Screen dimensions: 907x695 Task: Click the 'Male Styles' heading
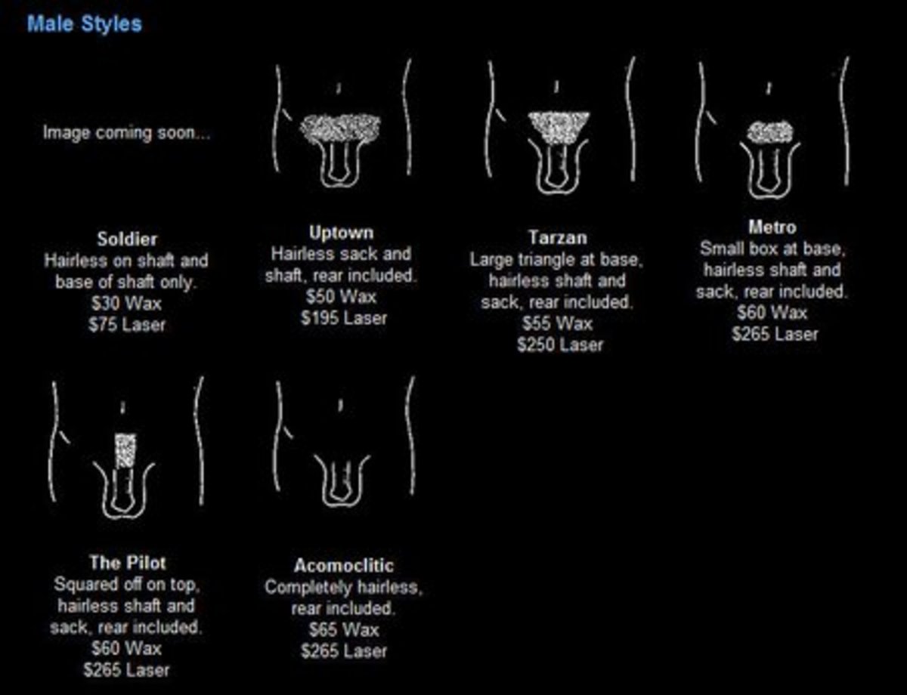(85, 23)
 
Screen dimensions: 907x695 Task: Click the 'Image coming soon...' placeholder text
(126, 133)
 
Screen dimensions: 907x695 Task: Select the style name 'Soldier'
(127, 239)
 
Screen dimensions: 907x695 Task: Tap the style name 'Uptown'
(342, 233)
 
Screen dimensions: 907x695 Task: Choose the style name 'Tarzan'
(558, 238)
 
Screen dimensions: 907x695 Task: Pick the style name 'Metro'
(772, 227)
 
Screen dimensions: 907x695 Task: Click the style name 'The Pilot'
(128, 563)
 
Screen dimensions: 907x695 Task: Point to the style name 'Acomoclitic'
(344, 566)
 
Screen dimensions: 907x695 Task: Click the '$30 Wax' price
(126, 303)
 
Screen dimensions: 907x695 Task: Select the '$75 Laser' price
(127, 325)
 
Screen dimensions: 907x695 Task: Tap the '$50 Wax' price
(342, 297)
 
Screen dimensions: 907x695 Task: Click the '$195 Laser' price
(344, 319)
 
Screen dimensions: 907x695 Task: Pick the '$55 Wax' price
(558, 324)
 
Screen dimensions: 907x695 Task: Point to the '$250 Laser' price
(560, 345)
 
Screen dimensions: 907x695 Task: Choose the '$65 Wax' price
(344, 630)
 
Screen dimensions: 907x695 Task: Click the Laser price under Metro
(775, 334)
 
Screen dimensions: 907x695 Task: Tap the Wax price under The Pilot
(126, 649)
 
